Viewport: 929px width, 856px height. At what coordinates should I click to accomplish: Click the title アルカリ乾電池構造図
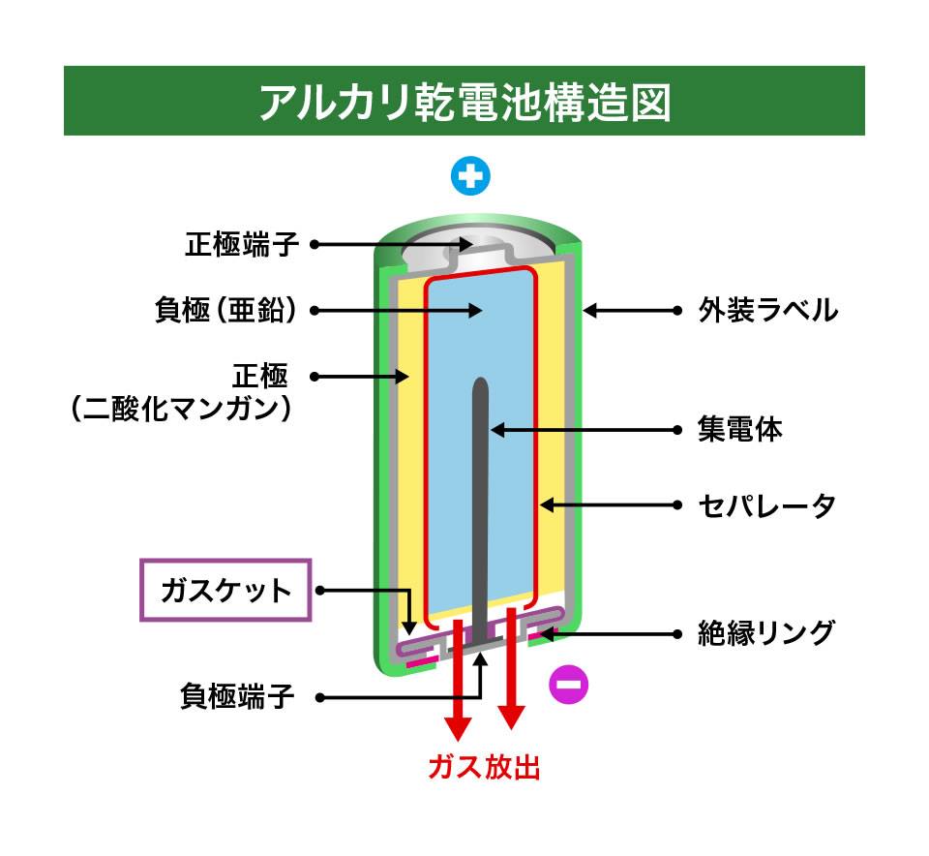pyautogui.click(x=465, y=102)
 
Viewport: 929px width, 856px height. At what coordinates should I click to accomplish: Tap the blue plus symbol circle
pyautogui.click(x=470, y=176)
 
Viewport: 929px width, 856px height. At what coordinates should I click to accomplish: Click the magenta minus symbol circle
pyautogui.click(x=569, y=684)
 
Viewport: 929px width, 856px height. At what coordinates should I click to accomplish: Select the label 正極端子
pyautogui.click(x=242, y=244)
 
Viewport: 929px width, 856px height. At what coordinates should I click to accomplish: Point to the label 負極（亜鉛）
pyautogui.click(x=225, y=310)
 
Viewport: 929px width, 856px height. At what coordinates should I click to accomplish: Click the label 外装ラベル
pyautogui.click(x=767, y=310)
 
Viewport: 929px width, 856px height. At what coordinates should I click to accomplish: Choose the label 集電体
pyautogui.click(x=740, y=430)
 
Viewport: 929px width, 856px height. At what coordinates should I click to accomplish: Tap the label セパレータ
pyautogui.click(x=766, y=505)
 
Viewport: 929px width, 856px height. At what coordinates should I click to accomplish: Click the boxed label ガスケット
pyautogui.click(x=225, y=591)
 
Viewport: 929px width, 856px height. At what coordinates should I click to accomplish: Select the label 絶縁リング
pyautogui.click(x=766, y=633)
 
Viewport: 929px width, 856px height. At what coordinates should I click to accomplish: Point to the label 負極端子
pyautogui.click(x=237, y=696)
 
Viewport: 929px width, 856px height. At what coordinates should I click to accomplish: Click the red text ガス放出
pyautogui.click(x=484, y=767)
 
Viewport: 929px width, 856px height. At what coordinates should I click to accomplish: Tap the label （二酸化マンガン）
pyautogui.click(x=181, y=409)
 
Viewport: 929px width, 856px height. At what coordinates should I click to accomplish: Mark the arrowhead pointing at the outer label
pyautogui.click(x=590, y=310)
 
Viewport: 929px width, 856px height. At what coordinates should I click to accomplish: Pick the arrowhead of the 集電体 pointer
pyautogui.click(x=497, y=430)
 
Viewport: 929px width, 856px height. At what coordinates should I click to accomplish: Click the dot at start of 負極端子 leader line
pyautogui.click(x=319, y=698)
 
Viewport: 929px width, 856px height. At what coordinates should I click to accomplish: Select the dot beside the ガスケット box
pyautogui.click(x=320, y=591)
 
